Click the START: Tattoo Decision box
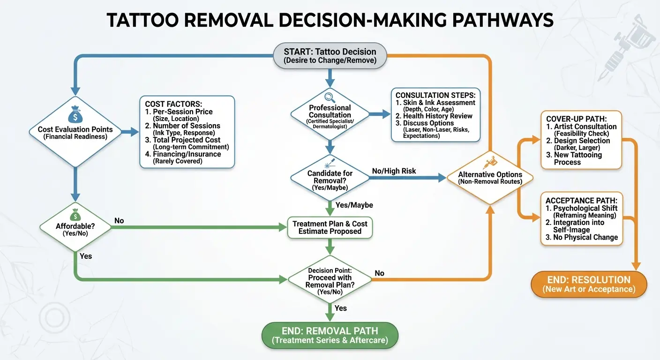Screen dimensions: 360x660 (330, 56)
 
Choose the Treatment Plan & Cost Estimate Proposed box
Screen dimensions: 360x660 (330, 227)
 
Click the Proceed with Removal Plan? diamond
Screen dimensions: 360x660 (330, 281)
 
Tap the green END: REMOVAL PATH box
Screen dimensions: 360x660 (330, 335)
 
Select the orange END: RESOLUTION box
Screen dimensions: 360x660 (589, 284)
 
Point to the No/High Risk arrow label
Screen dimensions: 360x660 (394, 171)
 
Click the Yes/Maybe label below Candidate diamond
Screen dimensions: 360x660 (354, 205)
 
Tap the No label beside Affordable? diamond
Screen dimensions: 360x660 (119, 220)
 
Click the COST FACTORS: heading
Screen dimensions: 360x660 (174, 104)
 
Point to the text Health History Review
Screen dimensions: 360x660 (437, 116)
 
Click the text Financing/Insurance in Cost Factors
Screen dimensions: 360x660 (187, 154)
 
